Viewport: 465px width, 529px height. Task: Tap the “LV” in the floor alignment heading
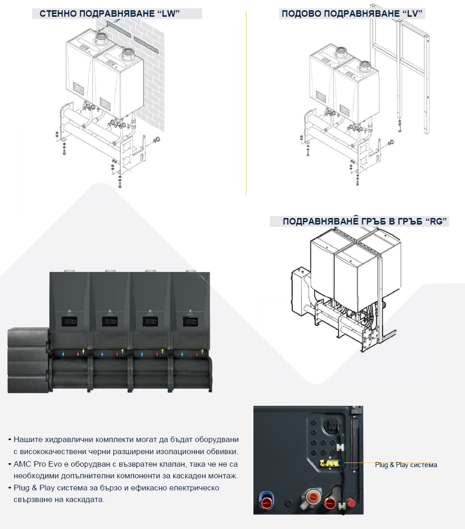(x=412, y=13)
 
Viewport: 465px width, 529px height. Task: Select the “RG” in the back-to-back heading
(x=436, y=221)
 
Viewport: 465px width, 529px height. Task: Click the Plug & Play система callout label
(x=406, y=465)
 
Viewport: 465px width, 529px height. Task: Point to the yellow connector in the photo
(x=329, y=463)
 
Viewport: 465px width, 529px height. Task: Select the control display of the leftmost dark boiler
(x=69, y=321)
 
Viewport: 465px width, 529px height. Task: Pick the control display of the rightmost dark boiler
(x=190, y=321)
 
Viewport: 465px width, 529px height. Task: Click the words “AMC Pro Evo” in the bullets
(x=38, y=464)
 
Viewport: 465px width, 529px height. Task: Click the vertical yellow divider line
(x=246, y=103)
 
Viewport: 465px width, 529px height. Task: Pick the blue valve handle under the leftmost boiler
(x=63, y=354)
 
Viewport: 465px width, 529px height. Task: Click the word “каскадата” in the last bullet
(x=87, y=499)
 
